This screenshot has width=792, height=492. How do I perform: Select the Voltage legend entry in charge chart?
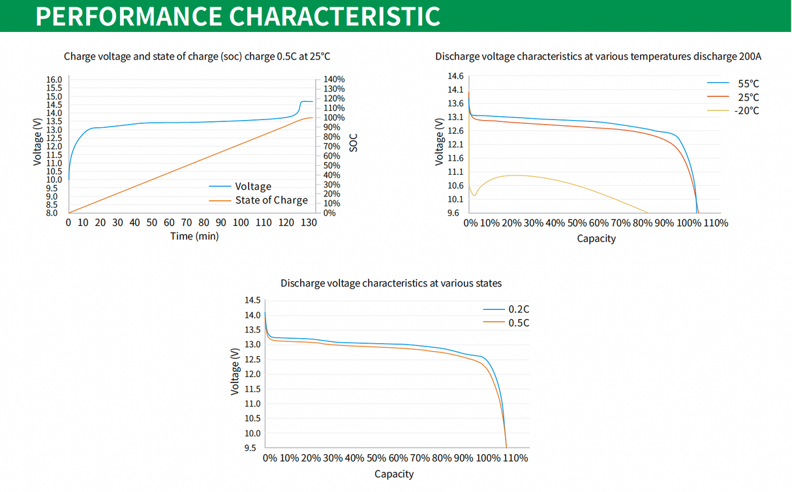pyautogui.click(x=253, y=187)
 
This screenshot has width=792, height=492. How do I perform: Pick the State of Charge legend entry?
pyautogui.click(x=271, y=200)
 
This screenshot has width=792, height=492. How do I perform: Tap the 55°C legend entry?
pyautogui.click(x=748, y=84)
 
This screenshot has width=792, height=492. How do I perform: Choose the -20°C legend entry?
pyautogui.click(x=746, y=110)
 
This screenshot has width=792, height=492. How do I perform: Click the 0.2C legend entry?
pyautogui.click(x=519, y=309)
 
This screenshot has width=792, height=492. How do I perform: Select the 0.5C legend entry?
pyautogui.click(x=519, y=323)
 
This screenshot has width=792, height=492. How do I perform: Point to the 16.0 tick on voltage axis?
pyautogui.click(x=54, y=80)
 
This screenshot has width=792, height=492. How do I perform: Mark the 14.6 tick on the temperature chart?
pyautogui.click(x=455, y=76)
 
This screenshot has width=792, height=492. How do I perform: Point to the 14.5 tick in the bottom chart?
pyautogui.click(x=252, y=300)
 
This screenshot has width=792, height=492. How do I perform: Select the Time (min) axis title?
pyautogui.click(x=194, y=236)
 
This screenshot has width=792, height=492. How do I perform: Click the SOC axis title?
pyautogui.click(x=354, y=143)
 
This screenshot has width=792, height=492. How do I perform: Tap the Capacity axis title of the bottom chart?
pyautogui.click(x=393, y=474)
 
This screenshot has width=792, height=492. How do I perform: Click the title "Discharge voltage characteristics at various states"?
pyautogui.click(x=391, y=283)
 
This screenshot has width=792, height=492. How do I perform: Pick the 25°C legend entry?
pyautogui.click(x=748, y=97)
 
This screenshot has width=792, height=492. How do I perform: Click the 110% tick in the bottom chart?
pyautogui.click(x=515, y=458)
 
